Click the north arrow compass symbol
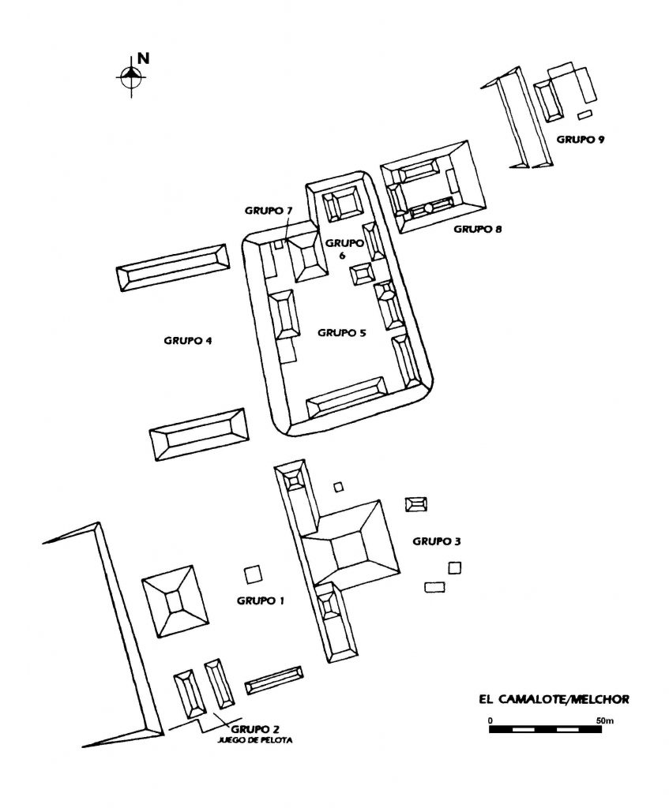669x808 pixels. (x=130, y=77)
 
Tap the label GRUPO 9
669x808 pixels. (x=581, y=140)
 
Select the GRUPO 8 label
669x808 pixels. (x=478, y=230)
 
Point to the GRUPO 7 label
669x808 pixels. (x=268, y=211)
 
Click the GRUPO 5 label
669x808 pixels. (x=342, y=333)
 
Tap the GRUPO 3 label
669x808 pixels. (x=437, y=541)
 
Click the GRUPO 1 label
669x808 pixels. (x=261, y=600)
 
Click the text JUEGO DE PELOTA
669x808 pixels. (x=254, y=742)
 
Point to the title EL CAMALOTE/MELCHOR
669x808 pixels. (x=553, y=699)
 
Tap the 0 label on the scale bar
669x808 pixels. (x=490, y=720)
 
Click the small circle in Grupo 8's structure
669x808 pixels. (x=428, y=208)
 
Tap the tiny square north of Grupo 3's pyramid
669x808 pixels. (x=339, y=487)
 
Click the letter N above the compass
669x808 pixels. (x=143, y=58)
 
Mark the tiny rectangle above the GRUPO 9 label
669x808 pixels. (x=584, y=116)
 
